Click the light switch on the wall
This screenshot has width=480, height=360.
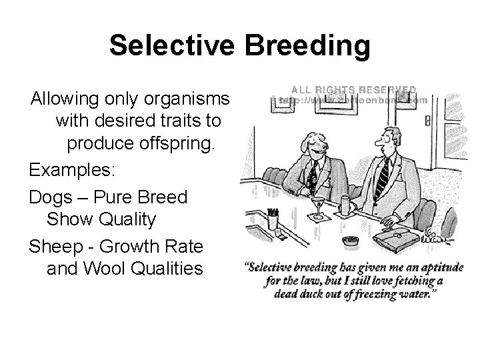(x=427, y=122)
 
